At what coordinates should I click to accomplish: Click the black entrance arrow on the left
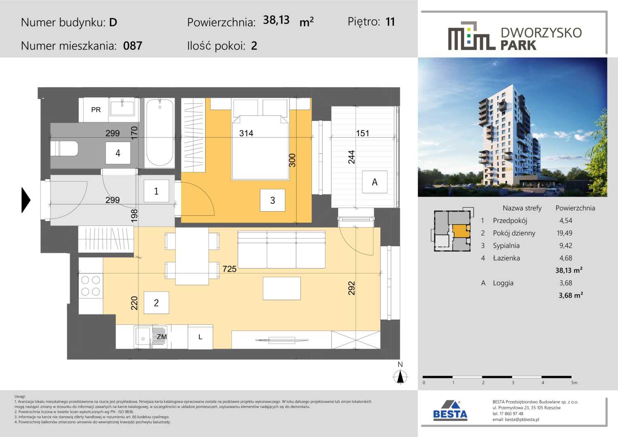click(25, 200)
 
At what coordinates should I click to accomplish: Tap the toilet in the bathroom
click(64, 148)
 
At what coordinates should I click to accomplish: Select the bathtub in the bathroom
click(159, 133)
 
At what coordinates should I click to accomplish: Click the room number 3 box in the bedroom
click(273, 200)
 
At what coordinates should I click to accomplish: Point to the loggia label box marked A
click(375, 182)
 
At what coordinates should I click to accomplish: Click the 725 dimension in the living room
click(230, 269)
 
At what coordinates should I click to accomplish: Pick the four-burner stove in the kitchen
click(91, 286)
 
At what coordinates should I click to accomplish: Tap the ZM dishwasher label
click(162, 337)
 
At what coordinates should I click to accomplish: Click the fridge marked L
click(200, 337)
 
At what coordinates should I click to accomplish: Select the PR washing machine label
click(96, 110)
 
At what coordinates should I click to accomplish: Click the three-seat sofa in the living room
click(281, 250)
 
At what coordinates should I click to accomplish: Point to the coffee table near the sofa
click(281, 289)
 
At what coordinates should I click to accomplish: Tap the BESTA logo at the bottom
click(450, 411)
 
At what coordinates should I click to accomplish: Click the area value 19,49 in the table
click(565, 233)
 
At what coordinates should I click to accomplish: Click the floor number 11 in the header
click(390, 22)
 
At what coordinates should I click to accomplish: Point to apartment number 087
click(133, 46)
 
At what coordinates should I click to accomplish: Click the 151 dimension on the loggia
click(362, 134)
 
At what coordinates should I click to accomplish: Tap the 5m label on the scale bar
click(574, 383)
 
